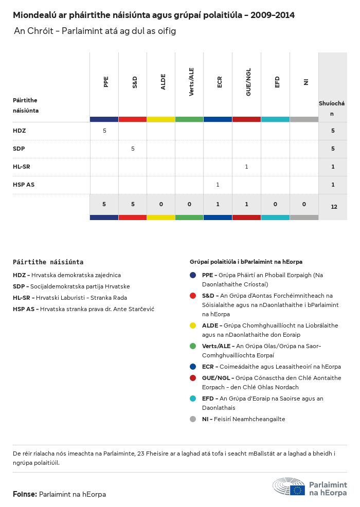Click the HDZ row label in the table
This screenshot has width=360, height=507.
(x=19, y=131)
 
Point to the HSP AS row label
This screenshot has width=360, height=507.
(x=24, y=185)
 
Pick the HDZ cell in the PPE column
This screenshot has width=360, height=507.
(x=104, y=131)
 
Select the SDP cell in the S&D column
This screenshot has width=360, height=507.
(x=133, y=149)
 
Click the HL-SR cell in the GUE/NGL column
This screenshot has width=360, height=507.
(x=247, y=167)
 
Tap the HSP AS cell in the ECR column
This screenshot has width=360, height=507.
(x=218, y=185)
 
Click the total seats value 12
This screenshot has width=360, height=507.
(x=334, y=207)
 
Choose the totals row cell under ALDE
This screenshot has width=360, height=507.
(x=161, y=204)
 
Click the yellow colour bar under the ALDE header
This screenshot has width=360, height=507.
(x=161, y=119)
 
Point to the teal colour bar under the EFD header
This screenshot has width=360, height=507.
(x=275, y=119)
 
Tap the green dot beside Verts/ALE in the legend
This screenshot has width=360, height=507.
(x=193, y=346)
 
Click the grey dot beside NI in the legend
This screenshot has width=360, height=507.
(x=193, y=419)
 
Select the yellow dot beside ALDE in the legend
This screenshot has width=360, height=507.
(x=193, y=325)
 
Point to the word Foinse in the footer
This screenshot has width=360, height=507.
(x=24, y=494)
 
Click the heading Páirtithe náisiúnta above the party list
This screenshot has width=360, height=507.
(x=48, y=262)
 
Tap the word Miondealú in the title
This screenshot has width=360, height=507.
(x=33, y=15)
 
